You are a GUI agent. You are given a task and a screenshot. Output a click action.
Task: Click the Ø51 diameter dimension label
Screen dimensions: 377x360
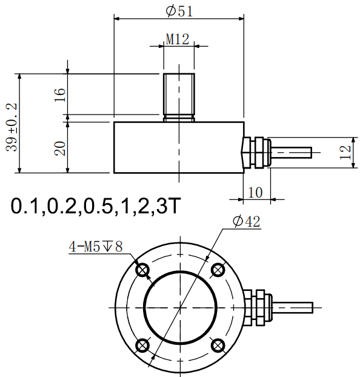tap(179, 10)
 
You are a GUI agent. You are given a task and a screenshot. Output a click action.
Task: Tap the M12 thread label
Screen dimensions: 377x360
tap(178, 39)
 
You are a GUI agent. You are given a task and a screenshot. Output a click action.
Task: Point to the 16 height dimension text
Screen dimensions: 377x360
tap(59, 94)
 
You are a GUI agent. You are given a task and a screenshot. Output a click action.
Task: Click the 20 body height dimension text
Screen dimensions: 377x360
tap(59, 147)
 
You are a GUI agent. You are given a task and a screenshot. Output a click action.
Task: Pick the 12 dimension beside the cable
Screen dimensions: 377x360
tap(345, 152)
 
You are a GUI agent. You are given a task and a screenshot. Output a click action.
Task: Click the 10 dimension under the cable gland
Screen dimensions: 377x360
tap(255, 193)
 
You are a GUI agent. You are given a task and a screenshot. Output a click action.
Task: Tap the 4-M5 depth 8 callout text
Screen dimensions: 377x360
tap(96, 247)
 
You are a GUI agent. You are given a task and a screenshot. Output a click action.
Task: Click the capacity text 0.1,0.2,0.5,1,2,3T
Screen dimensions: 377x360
tap(96, 207)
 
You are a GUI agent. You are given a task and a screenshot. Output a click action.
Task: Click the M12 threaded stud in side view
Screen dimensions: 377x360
tap(178, 95)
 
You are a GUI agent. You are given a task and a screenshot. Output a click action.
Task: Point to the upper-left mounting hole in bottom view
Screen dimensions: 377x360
tap(142, 270)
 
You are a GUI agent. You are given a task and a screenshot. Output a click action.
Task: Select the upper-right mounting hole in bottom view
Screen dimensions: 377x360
tap(216, 270)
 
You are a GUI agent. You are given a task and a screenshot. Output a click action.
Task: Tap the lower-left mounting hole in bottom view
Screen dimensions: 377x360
tap(142, 345)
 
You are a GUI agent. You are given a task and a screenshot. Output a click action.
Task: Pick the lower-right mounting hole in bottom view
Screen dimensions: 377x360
tap(216, 345)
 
